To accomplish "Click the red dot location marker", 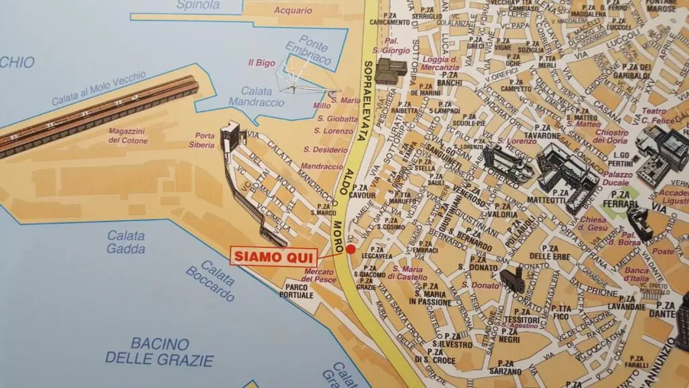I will [x=351, y=249].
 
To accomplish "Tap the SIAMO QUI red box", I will [x=273, y=257].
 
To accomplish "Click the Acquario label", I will [x=293, y=10].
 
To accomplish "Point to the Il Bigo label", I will [x=262, y=63].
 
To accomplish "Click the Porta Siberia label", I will [x=202, y=140].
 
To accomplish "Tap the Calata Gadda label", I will [x=126, y=242].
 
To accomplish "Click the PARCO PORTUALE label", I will [x=296, y=291].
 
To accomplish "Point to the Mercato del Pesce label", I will [x=319, y=276].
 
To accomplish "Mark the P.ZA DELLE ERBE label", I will [x=550, y=253].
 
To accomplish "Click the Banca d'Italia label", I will [x=637, y=274].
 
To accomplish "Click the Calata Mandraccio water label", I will [x=256, y=96].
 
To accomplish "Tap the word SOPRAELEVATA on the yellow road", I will [x=366, y=101].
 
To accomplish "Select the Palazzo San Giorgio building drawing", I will [x=390, y=71].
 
